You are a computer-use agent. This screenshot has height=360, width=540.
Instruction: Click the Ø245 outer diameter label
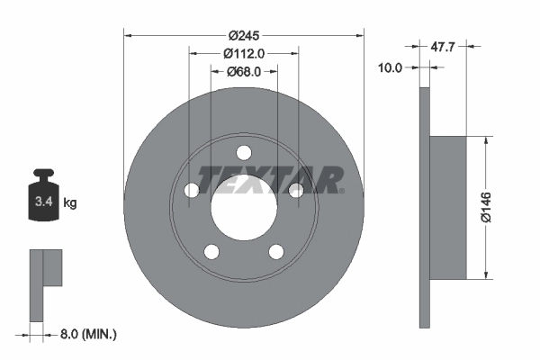click(243, 35)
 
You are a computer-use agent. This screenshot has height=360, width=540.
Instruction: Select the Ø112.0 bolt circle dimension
click(243, 53)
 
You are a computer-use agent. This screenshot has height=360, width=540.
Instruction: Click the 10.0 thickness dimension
click(391, 66)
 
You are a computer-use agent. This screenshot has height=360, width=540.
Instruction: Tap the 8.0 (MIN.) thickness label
click(86, 334)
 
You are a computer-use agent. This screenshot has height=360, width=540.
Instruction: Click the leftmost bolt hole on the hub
click(192, 189)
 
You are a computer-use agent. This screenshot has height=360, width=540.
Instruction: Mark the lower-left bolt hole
click(211, 250)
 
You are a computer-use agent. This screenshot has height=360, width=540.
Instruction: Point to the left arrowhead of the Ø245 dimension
click(127, 35)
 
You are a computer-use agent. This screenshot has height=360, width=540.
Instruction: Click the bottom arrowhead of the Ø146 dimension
click(486, 274)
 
